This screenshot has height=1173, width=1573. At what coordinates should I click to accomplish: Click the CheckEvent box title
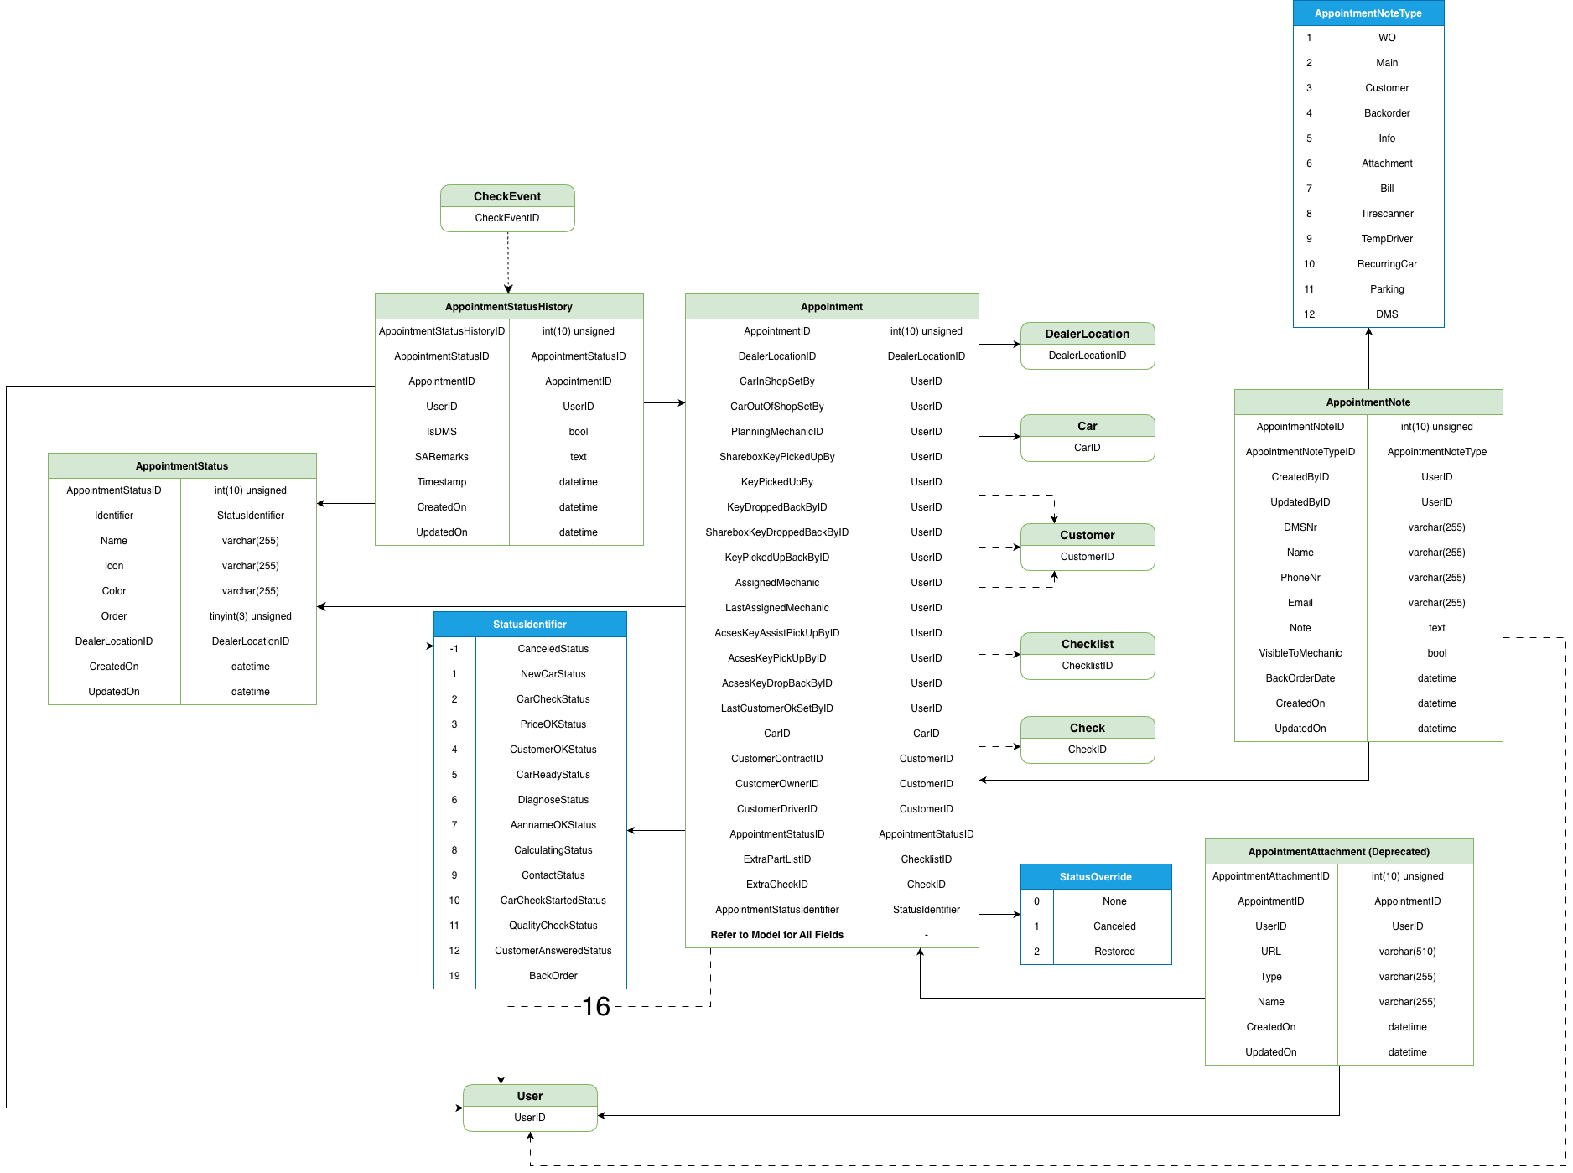click(507, 196)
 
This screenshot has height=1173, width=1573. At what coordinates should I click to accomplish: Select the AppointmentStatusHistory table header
click(508, 307)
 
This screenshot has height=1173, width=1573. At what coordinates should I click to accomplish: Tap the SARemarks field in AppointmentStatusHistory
click(441, 457)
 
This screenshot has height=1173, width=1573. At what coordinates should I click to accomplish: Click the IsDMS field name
click(441, 432)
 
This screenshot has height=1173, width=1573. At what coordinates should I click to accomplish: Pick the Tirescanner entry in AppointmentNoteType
click(1387, 214)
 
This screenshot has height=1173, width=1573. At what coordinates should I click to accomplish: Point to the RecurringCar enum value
click(1387, 264)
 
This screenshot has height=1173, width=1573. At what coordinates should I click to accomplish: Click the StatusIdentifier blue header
click(529, 625)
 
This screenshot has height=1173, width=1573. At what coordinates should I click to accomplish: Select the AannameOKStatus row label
click(553, 825)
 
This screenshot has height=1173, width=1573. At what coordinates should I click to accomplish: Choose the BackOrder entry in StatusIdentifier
click(553, 976)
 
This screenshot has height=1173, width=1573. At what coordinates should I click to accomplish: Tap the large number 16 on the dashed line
click(595, 1006)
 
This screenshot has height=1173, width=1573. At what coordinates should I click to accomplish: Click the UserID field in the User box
click(529, 1118)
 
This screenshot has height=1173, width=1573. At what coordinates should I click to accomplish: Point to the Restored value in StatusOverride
click(1114, 952)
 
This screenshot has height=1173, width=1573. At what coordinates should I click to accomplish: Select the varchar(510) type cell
click(1407, 952)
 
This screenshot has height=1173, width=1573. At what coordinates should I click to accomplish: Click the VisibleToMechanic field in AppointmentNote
click(1300, 653)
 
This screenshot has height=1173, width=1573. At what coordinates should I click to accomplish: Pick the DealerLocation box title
click(1087, 334)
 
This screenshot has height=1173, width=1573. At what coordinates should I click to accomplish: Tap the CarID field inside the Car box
click(1087, 448)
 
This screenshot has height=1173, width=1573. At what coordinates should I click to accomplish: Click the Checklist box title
click(1087, 644)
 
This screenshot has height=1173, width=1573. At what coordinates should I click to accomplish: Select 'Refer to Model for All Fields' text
click(776, 935)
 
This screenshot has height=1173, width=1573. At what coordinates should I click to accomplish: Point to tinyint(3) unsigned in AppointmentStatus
click(250, 616)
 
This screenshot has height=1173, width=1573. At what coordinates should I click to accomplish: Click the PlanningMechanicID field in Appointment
click(776, 432)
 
